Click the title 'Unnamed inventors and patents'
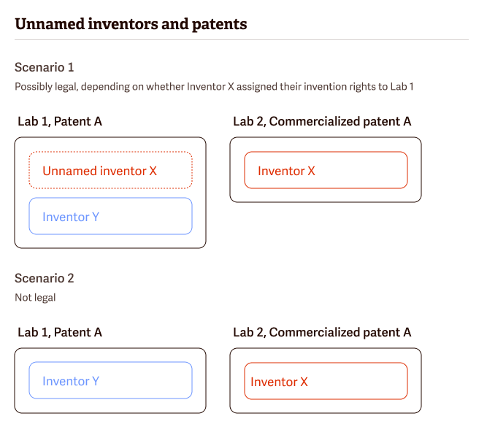[131, 24]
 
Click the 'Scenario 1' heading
[45, 67]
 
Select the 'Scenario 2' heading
[45, 278]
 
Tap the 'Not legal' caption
[35, 298]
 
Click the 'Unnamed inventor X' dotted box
[110, 171]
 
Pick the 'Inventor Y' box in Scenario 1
[110, 216]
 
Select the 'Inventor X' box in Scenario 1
[326, 170]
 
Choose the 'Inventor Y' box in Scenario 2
[110, 380]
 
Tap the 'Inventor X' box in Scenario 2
[326, 381]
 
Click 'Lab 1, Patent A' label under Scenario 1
[60, 121]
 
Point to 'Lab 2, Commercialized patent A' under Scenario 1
[322, 121]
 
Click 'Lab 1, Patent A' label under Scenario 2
[60, 332]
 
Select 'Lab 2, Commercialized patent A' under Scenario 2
[322, 332]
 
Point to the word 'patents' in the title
[220, 24]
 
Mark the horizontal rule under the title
[241, 39]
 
